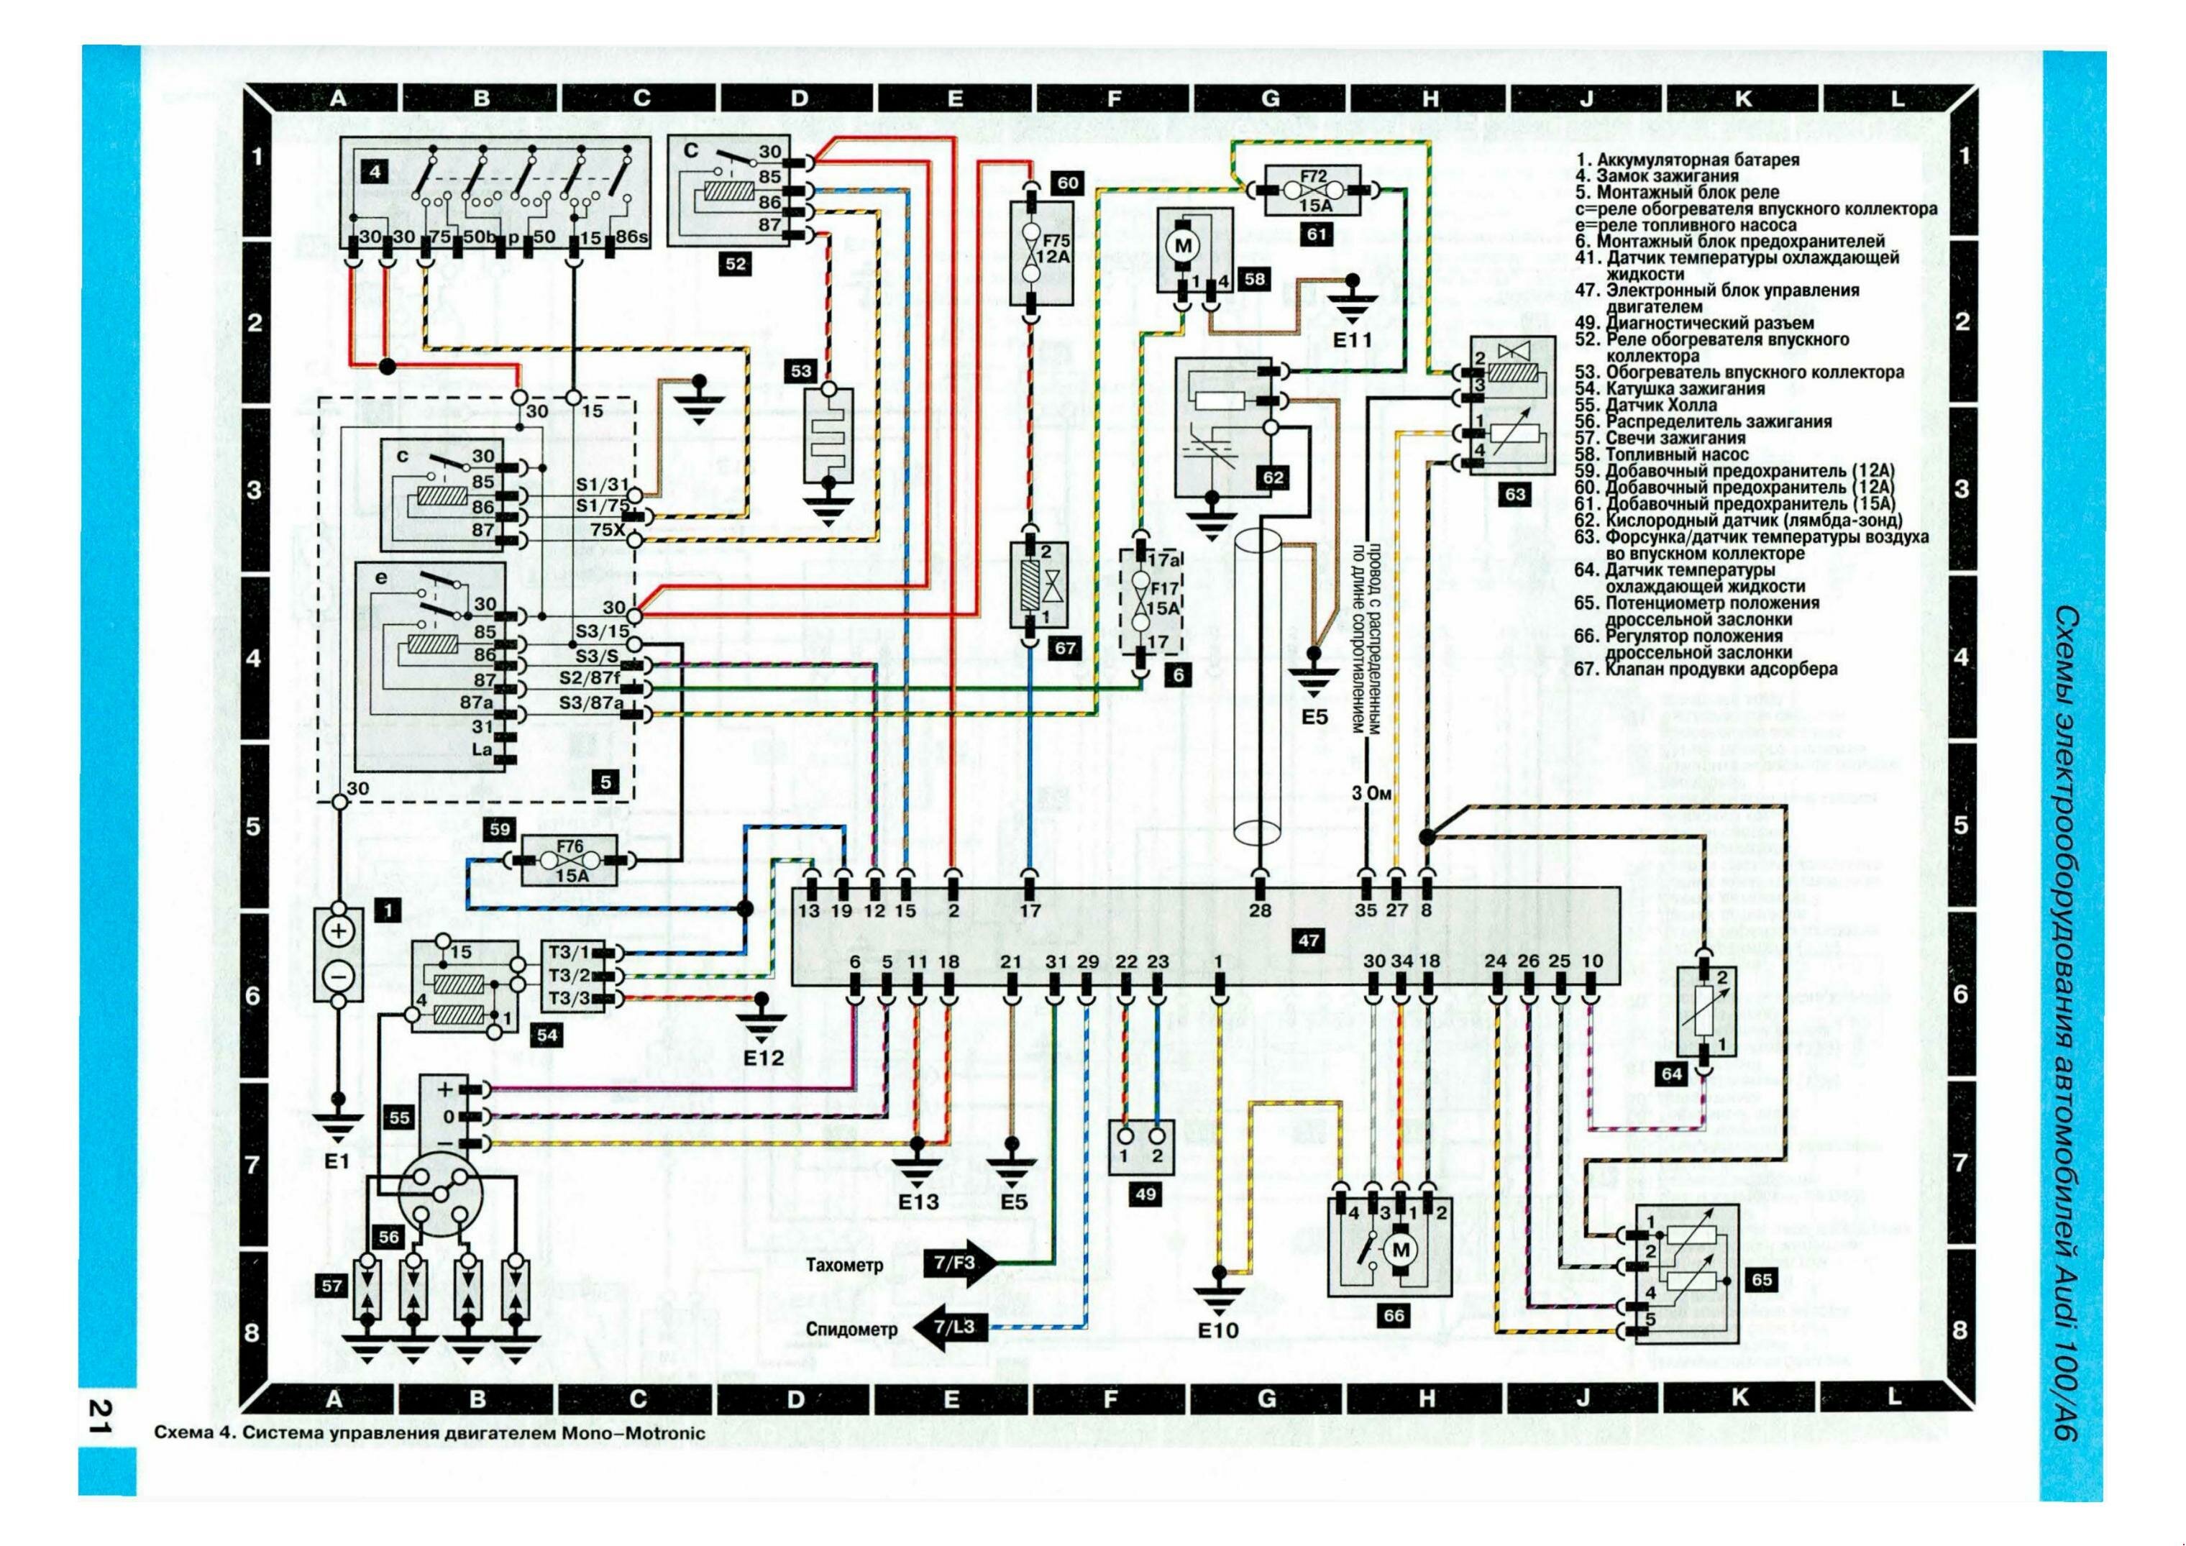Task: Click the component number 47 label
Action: (x=1309, y=941)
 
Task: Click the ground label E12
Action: (x=764, y=1058)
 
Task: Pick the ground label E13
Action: (x=919, y=1202)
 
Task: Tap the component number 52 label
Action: (x=736, y=265)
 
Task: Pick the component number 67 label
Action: (x=1064, y=649)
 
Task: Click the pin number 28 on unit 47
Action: (x=1258, y=911)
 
